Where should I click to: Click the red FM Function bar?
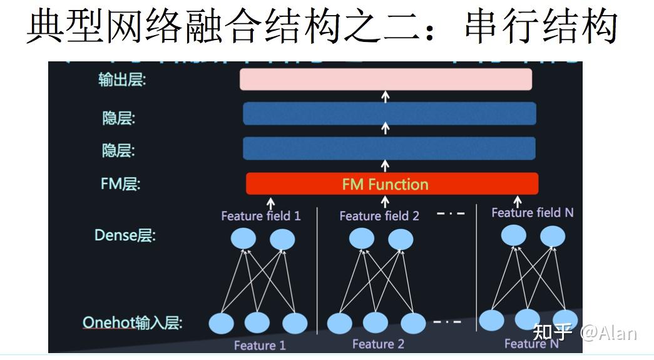(392, 184)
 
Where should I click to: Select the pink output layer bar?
(386, 80)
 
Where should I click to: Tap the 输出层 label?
(121, 80)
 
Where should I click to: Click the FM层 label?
(120, 184)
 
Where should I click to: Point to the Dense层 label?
(125, 235)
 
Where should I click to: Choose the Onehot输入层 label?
(132, 323)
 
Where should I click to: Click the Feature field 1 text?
(260, 216)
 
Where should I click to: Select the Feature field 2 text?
(379, 216)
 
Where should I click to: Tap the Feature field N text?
(532, 213)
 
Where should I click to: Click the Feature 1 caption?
(260, 346)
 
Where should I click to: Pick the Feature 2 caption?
(378, 344)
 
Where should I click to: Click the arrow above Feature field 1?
(270, 203)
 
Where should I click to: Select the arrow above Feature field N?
(518, 202)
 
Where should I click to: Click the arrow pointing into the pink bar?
(386, 96)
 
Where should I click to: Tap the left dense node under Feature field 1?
(243, 239)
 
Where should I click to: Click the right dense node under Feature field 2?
(400, 239)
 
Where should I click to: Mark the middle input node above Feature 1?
(257, 323)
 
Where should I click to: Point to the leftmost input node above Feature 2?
(340, 323)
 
